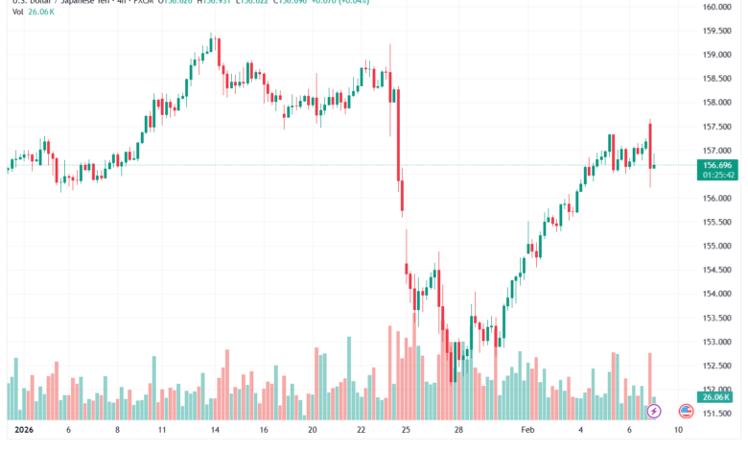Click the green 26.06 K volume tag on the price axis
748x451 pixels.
click(715, 397)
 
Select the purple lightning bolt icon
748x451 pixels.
click(654, 411)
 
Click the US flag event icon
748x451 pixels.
click(686, 411)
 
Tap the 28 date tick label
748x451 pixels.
click(460, 431)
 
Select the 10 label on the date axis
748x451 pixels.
click(679, 431)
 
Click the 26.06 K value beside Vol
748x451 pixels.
click(43, 26)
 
